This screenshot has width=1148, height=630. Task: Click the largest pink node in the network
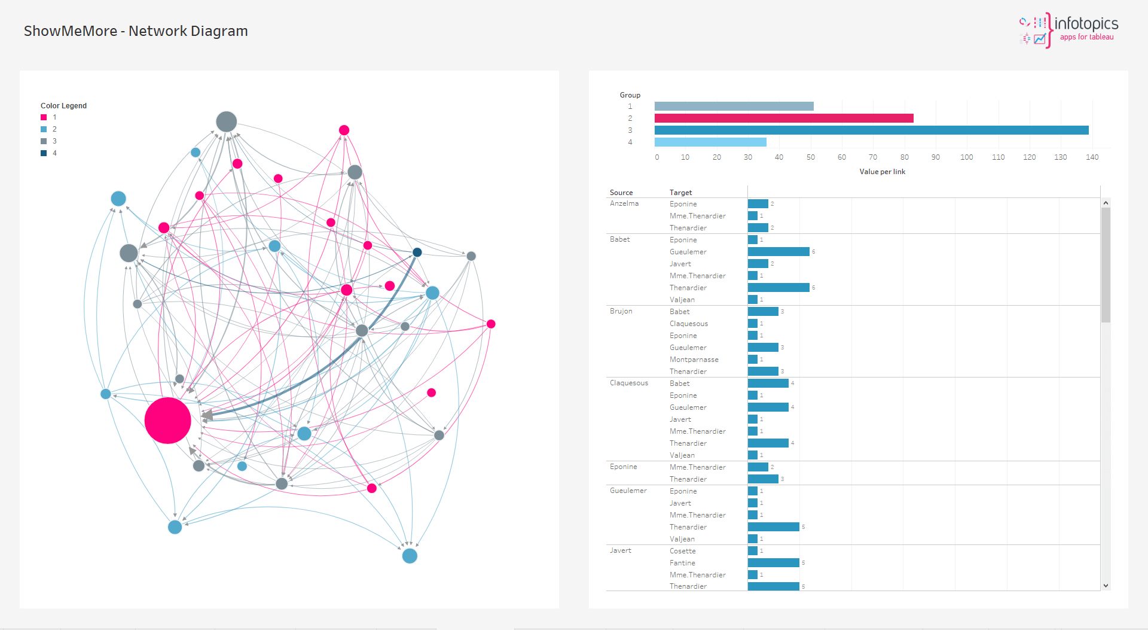coord(167,421)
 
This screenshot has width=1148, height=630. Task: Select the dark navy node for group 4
coord(417,252)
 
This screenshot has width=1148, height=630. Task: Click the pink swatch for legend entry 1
coord(44,117)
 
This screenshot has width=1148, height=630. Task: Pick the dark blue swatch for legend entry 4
coord(44,153)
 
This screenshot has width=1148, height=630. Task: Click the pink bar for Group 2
coord(783,118)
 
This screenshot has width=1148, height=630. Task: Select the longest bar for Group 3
coord(871,130)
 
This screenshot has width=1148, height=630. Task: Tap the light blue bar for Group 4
coord(710,142)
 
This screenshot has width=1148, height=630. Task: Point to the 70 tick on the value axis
coord(873,157)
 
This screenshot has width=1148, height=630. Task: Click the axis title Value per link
coord(882,172)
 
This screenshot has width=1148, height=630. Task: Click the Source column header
coord(621,193)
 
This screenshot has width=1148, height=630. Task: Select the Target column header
coord(680,193)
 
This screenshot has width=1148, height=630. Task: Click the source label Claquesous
coord(628,383)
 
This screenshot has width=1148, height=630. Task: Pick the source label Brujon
coord(621,311)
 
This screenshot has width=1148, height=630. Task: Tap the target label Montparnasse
coord(694,360)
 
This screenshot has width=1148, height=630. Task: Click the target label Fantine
coord(682,563)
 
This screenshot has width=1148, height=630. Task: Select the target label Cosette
coord(682,551)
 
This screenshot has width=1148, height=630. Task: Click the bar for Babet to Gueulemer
coord(778,252)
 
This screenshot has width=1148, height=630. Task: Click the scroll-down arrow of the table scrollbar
coord(1106,586)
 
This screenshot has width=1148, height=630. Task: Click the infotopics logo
coord(1068,30)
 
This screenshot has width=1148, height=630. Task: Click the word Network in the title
coord(157,31)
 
